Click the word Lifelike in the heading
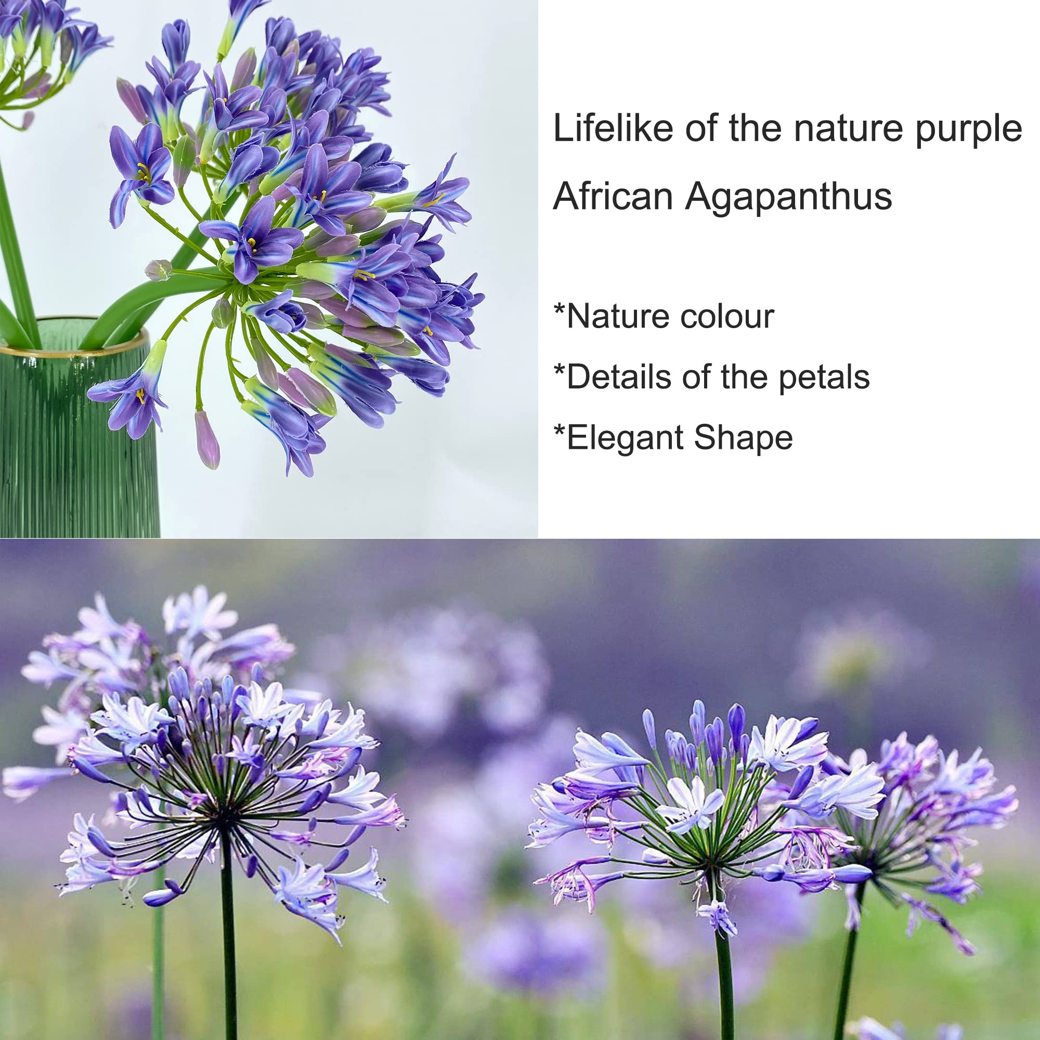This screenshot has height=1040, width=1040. tap(613, 128)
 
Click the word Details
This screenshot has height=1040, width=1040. tap(619, 377)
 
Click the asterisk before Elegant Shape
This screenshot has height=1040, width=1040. tap(560, 432)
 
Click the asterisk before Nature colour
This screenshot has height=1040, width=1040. tap(560, 310)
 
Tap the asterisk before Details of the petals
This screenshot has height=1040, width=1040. tap(560, 371)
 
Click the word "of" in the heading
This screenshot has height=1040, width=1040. tap(701, 128)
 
